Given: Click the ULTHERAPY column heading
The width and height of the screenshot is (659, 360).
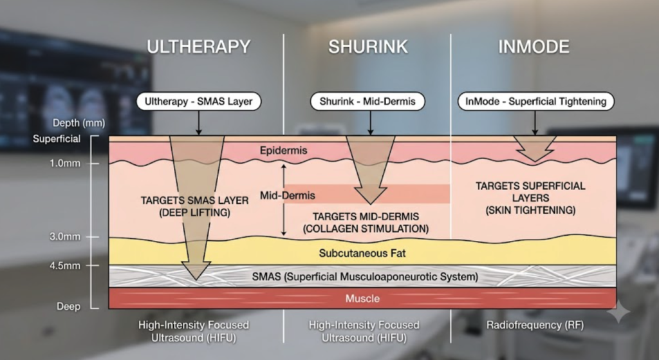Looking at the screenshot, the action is point(198,46).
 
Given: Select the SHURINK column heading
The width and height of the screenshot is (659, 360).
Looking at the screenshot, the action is point(367,46).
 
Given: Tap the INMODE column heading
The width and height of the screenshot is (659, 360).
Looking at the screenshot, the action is point(534,46).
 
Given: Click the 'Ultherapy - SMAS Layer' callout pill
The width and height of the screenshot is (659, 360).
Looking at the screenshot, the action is point(198,101).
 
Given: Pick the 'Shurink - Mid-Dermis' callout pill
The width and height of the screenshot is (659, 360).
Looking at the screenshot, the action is point(367,101).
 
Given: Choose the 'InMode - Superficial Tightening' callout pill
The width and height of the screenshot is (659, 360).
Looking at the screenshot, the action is point(536,101).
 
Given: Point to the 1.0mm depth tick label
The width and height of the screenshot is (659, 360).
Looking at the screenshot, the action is point(65,163).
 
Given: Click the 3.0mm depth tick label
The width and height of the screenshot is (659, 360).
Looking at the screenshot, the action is point(65,237).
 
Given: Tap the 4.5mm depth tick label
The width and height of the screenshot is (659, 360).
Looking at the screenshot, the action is point(65,266).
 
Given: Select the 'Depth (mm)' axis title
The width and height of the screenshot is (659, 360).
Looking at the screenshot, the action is point(79,123).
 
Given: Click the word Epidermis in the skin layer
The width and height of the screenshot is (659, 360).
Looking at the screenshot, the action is point(283,150).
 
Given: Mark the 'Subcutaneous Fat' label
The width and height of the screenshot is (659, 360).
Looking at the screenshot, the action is point(362,253).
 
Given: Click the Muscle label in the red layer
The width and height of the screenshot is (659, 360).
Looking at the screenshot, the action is point(362,299).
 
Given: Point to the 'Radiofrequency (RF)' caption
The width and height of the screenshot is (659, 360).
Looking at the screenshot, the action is point(535,325).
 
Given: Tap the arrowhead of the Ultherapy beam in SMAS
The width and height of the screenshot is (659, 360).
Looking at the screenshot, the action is point(196,279).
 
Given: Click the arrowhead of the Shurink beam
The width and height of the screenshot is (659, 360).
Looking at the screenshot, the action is point(370,204).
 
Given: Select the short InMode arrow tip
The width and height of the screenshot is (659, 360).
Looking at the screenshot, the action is point(535,162).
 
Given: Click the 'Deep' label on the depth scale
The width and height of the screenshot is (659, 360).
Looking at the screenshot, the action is point(68,307).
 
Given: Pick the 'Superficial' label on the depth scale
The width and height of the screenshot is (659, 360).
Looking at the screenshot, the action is point(57,139).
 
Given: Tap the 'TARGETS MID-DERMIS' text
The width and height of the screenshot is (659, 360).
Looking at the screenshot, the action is point(366,216).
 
